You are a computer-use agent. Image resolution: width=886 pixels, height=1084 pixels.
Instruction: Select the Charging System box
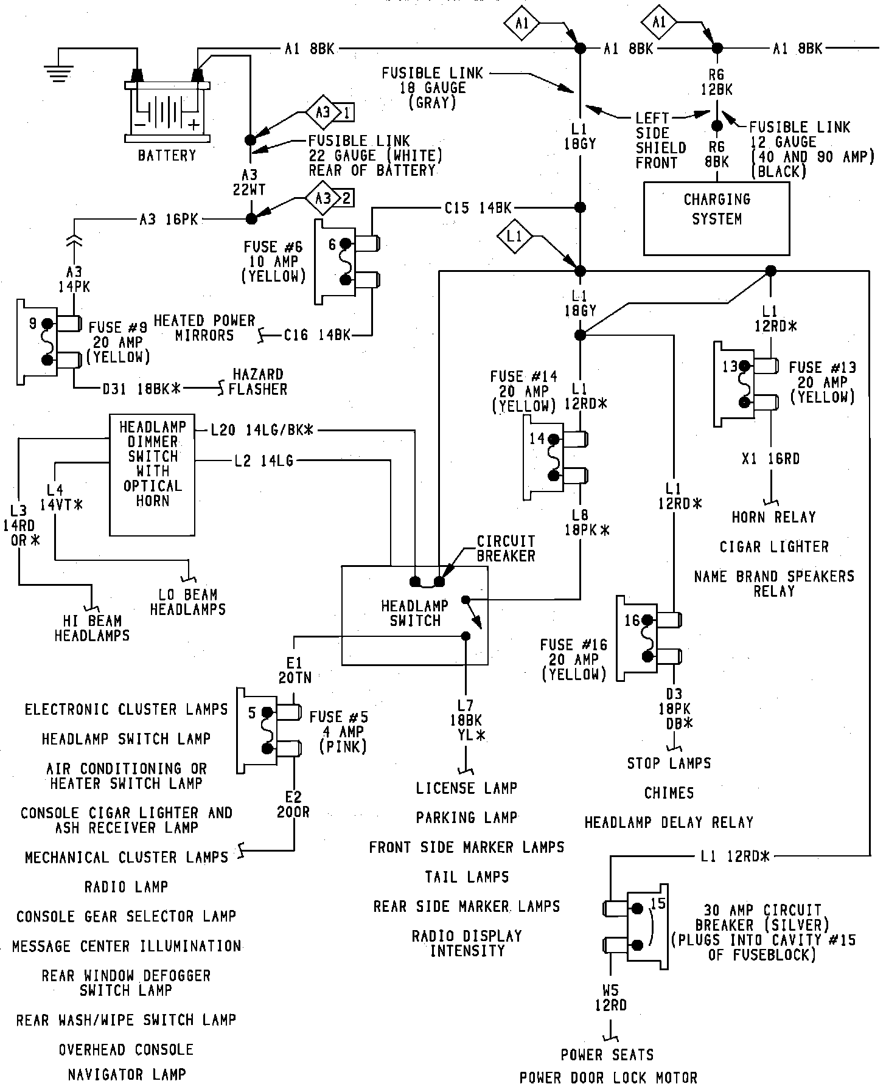[716, 218]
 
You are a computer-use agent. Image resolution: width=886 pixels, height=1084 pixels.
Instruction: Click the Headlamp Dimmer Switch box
[152, 474]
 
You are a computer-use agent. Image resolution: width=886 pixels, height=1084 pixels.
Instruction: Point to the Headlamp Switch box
[414, 615]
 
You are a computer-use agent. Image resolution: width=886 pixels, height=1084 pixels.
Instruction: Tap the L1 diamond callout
[515, 236]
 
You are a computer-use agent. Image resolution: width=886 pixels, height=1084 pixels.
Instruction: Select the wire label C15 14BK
[478, 207]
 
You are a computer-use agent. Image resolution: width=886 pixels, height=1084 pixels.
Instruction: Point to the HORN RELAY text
[773, 517]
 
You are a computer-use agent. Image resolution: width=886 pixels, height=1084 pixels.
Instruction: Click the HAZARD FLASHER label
[258, 381]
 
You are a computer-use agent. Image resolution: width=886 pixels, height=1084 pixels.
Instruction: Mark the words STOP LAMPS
[669, 763]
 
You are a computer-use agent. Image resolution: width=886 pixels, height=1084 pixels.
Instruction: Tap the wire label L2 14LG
[264, 462]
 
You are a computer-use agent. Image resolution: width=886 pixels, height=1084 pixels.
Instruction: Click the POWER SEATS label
[607, 1055]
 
